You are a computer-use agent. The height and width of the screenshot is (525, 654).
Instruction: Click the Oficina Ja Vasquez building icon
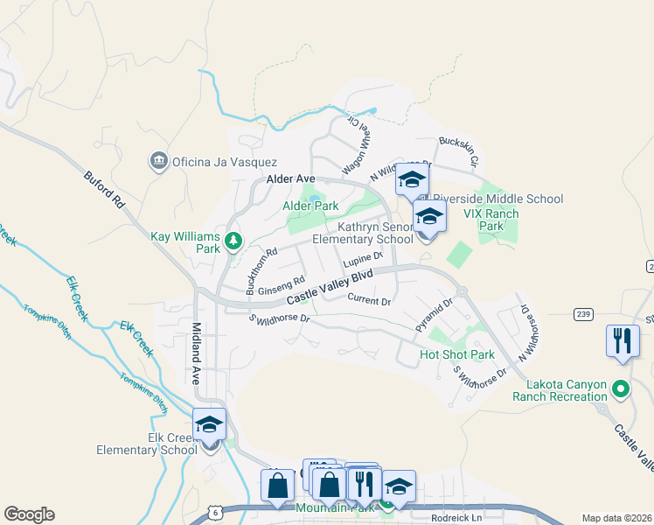pos(158,161)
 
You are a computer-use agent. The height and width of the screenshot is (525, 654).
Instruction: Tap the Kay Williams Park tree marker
pos(233,239)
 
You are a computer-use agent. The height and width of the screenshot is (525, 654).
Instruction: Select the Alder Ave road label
pos(289,179)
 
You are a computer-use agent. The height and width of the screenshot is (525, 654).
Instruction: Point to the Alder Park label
pos(310,206)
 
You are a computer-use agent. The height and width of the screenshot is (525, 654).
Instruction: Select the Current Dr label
pos(368,301)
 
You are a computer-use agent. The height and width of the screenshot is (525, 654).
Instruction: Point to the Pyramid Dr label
pos(435,315)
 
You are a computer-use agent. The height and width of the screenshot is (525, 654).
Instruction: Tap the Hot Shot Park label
pos(456,354)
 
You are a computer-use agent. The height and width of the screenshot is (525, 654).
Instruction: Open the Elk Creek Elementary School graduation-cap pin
pos(210,426)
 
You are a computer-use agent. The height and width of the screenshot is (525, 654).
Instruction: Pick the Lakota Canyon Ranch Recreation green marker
pos(620,388)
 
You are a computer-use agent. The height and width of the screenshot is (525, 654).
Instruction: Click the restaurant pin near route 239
pos(622,340)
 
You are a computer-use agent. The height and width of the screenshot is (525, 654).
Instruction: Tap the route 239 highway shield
pos(585,313)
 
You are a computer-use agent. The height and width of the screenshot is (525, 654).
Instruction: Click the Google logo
pos(29,514)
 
